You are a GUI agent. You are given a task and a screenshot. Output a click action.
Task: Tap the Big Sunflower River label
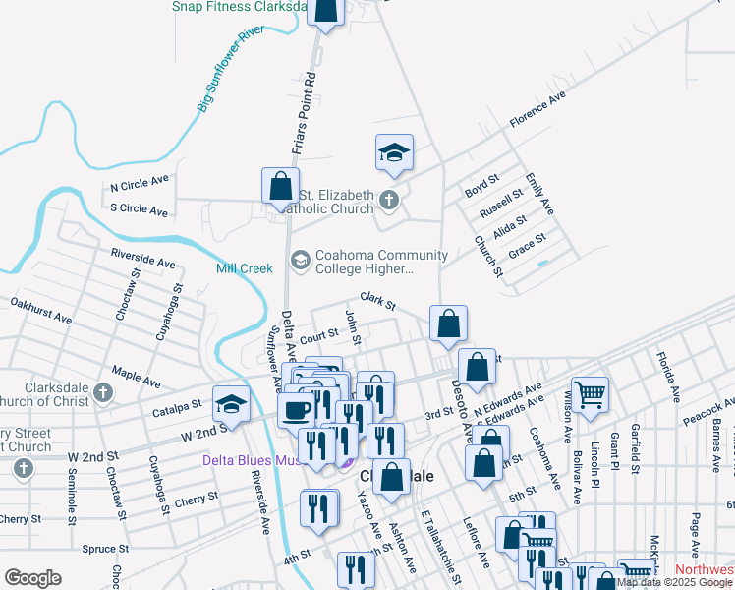coord(233,70)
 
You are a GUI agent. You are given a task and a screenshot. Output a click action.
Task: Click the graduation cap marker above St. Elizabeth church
coord(394,152)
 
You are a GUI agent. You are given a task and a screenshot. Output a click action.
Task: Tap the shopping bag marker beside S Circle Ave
coord(280,185)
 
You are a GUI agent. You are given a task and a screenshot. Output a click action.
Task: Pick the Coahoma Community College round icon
coord(300,260)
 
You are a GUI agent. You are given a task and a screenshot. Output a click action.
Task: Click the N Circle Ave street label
coord(141,184)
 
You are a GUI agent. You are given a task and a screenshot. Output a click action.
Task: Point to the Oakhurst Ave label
coord(40,312)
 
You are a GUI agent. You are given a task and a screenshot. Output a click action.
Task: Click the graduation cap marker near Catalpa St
coord(231,404)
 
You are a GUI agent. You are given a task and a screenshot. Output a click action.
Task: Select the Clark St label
coord(377,300)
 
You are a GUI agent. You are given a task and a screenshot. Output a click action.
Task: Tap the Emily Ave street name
coord(539,194)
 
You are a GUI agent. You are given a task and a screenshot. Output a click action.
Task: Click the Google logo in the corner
coord(32,578)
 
